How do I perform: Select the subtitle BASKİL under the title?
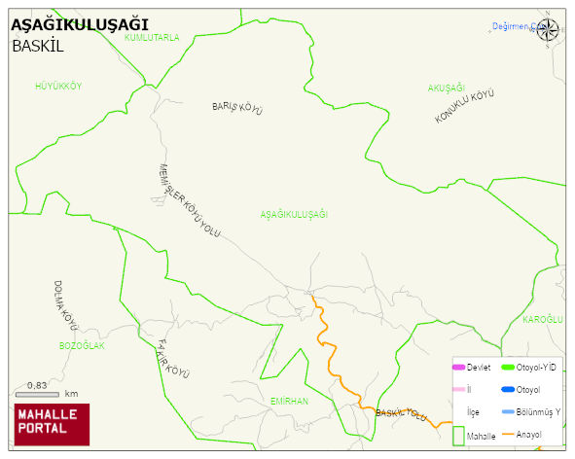[x=44, y=46]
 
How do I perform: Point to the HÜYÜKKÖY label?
[x=58, y=87]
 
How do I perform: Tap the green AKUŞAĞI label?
[x=447, y=88]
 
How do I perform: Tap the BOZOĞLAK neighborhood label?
[x=82, y=346]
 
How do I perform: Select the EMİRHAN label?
[x=289, y=401]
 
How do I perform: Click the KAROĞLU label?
[x=543, y=320]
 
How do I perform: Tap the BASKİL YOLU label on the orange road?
[x=401, y=415]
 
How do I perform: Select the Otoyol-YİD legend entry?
[x=530, y=367]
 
